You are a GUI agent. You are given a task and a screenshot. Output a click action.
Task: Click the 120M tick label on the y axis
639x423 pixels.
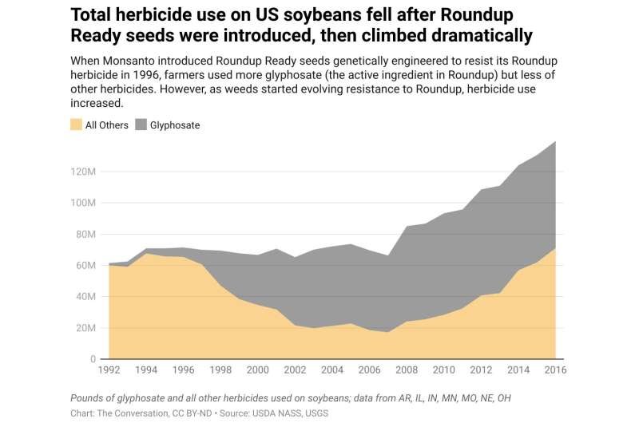pos(83,172)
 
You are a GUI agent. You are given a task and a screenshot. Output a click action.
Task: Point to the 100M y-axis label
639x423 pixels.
pos(83,203)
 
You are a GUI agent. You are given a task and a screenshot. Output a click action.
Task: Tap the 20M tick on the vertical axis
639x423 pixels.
pos(86,328)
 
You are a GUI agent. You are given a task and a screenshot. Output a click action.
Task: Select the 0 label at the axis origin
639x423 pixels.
pos(93,359)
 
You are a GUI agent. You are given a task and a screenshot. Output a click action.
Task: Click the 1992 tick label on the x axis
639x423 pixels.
pos(109,370)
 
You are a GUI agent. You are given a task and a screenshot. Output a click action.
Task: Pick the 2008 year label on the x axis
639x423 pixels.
pos(407,370)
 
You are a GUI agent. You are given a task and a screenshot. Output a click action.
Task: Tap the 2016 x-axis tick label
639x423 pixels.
pos(555,370)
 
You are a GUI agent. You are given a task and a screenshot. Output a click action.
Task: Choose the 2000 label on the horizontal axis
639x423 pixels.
pos(257,370)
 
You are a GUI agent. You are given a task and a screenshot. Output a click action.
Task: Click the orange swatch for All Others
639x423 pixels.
pos(76,125)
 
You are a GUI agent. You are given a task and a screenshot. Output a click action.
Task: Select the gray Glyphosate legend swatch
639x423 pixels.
pos(141,125)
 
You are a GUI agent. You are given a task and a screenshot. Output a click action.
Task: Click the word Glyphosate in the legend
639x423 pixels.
pos(175,125)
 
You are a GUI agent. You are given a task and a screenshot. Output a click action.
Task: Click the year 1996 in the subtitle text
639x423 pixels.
pos(145,75)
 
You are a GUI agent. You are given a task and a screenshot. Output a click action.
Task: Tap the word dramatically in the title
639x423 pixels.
pos(482,35)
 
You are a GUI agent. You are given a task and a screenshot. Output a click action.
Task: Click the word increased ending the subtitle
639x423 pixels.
pos(97,104)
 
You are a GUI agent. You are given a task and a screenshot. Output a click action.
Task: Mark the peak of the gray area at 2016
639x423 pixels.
pos(555,141)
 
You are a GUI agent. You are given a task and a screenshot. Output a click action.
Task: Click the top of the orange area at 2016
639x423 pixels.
pos(555,249)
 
